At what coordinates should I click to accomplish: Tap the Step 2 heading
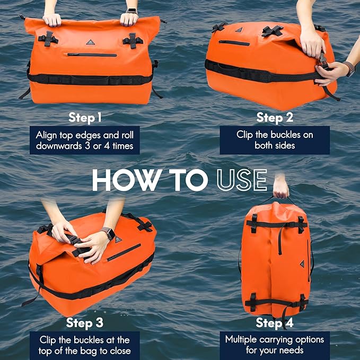(275, 117)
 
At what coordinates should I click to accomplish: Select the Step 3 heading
(85, 322)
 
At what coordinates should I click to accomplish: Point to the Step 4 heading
(274, 322)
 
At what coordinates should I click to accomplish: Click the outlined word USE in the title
(242, 180)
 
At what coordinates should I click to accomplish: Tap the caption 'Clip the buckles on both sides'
(275, 140)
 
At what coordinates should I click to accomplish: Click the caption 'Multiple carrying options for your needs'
(274, 345)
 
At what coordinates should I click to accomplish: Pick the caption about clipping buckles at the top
(85, 345)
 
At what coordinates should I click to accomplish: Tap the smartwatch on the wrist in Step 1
(131, 11)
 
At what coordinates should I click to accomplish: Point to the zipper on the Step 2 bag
(234, 42)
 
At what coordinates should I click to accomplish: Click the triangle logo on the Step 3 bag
(118, 240)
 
